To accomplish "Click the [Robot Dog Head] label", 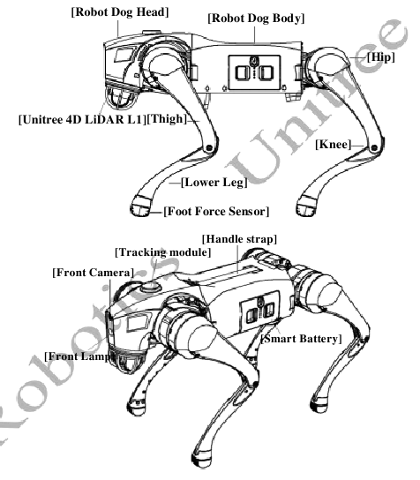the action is point(120,12).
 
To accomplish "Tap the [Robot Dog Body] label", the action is point(256,18).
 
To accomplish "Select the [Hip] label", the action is point(381,57).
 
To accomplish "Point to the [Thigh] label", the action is point(167,119).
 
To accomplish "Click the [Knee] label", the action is point(333,144).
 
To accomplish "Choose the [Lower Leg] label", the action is point(214,183).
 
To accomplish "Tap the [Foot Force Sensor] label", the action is point(216,211).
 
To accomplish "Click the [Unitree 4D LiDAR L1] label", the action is point(83,119).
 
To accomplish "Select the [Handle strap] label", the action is point(239,239).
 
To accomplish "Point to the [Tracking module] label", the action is point(163,252).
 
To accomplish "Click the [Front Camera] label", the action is point(93,273).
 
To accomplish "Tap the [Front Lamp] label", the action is point(80,356).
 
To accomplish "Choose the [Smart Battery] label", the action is point(301,339).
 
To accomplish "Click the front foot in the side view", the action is point(140,206).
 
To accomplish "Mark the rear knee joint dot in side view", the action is point(374,148).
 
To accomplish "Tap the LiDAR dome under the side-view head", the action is point(121,97).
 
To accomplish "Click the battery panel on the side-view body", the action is point(254,73).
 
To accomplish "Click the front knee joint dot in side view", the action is point(209,148).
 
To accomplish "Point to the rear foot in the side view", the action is point(306,206).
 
